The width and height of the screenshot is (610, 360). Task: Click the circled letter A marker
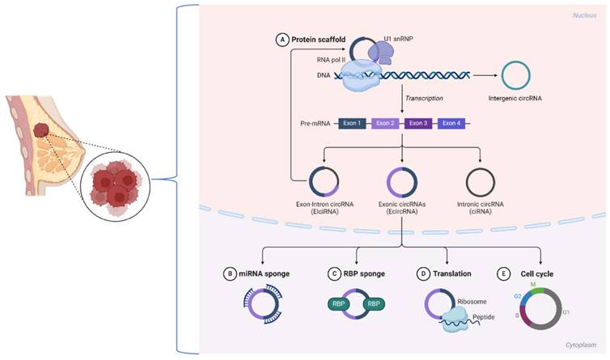(282, 38)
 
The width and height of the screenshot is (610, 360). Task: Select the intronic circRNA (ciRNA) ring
(491, 178)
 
